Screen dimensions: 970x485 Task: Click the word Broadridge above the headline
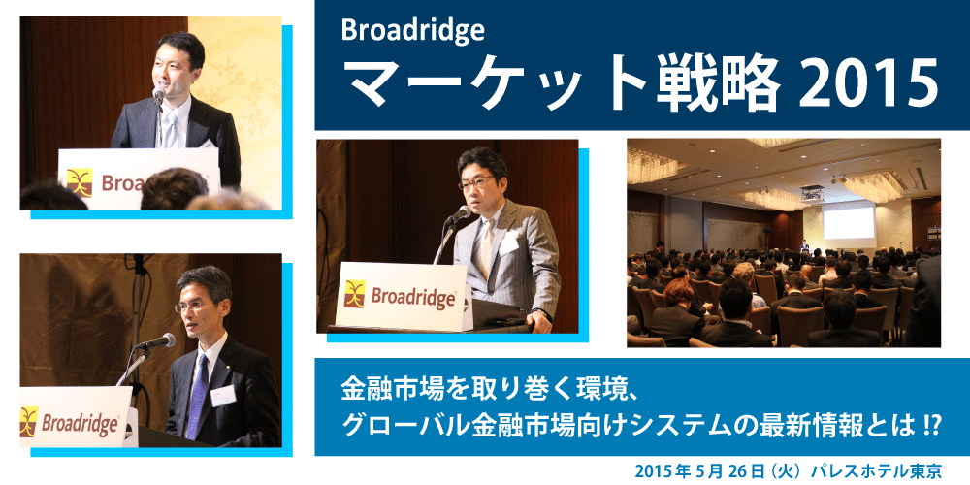pyautogui.click(x=412, y=31)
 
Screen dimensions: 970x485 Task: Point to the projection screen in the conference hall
pyautogui.click(x=849, y=223)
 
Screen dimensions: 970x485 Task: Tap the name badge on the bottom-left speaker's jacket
pyautogui.click(x=223, y=396)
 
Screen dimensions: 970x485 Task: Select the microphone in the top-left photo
pyautogui.click(x=159, y=95)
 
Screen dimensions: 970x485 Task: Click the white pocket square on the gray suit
pyautogui.click(x=509, y=244)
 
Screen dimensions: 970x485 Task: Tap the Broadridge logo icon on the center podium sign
pyautogui.click(x=354, y=294)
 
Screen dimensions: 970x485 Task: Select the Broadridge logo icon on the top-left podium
pyautogui.click(x=80, y=182)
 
